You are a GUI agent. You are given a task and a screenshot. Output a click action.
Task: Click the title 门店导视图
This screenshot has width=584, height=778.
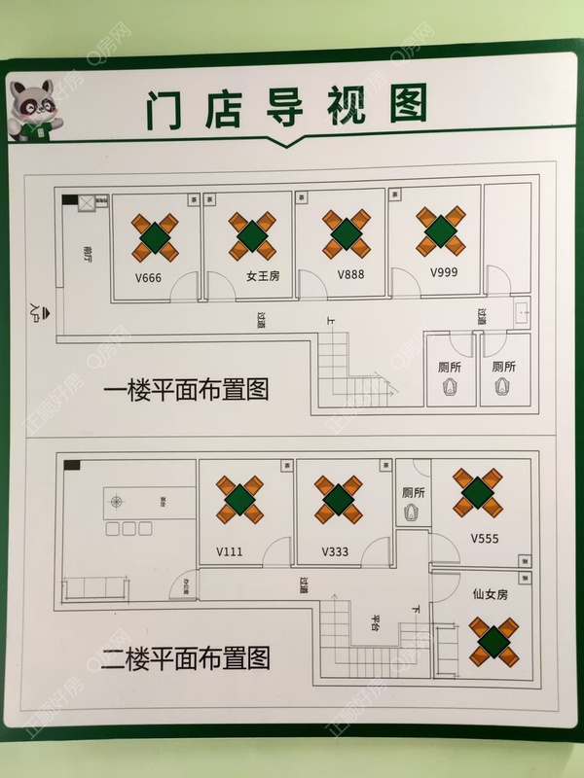(x=286, y=106)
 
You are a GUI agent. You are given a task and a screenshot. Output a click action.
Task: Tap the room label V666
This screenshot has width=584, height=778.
(x=148, y=277)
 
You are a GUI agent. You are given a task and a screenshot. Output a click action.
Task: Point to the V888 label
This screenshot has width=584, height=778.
(x=350, y=275)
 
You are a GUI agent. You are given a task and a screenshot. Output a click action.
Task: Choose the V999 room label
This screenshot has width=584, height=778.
(x=443, y=272)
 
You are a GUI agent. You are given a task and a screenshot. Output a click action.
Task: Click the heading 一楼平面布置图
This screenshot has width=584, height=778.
(x=185, y=390)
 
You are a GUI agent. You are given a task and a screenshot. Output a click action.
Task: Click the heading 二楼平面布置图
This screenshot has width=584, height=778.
(x=185, y=658)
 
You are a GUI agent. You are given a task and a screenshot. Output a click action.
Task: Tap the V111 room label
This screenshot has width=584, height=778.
(x=230, y=550)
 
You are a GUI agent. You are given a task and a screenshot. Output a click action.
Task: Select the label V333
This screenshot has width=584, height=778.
(x=336, y=550)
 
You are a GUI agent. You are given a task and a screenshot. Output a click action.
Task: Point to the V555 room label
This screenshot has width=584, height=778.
(x=485, y=538)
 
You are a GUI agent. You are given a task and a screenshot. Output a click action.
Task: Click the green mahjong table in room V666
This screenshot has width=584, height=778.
(x=156, y=235)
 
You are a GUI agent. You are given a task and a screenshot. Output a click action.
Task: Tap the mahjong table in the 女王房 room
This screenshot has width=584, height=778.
(x=251, y=234)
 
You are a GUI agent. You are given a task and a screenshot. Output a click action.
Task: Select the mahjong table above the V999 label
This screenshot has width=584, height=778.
(x=439, y=230)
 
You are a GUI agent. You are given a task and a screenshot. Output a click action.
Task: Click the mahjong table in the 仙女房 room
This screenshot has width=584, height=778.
(x=493, y=643)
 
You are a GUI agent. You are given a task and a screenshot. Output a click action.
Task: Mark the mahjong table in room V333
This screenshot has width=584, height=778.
(x=338, y=499)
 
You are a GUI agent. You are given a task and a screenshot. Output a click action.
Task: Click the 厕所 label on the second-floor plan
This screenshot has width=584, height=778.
(x=413, y=493)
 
